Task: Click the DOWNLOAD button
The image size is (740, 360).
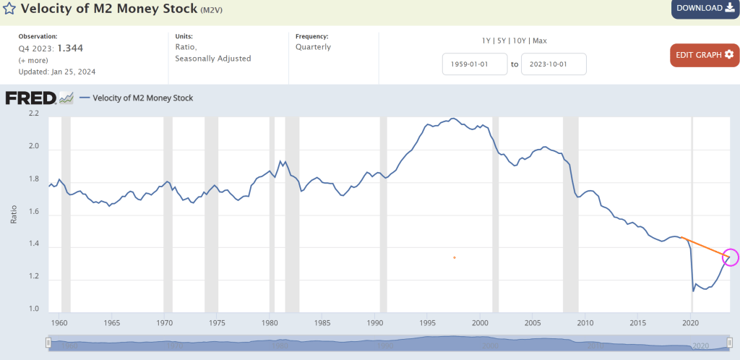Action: tap(705, 9)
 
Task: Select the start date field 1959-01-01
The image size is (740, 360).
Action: tap(475, 64)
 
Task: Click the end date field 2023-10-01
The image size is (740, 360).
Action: tap(554, 64)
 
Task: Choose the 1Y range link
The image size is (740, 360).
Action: tap(487, 40)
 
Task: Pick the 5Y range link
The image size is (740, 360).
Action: tap(502, 40)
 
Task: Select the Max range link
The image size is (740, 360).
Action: tap(539, 40)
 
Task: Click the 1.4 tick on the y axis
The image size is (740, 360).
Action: tap(34, 247)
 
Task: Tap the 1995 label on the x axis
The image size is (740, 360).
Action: tap(427, 322)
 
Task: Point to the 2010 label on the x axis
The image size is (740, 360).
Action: tap(585, 322)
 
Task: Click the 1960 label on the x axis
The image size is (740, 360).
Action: tap(59, 322)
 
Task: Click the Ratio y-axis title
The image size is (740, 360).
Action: tap(14, 213)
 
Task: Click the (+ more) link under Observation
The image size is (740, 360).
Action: tap(33, 60)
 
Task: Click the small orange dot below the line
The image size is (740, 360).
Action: tap(455, 257)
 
